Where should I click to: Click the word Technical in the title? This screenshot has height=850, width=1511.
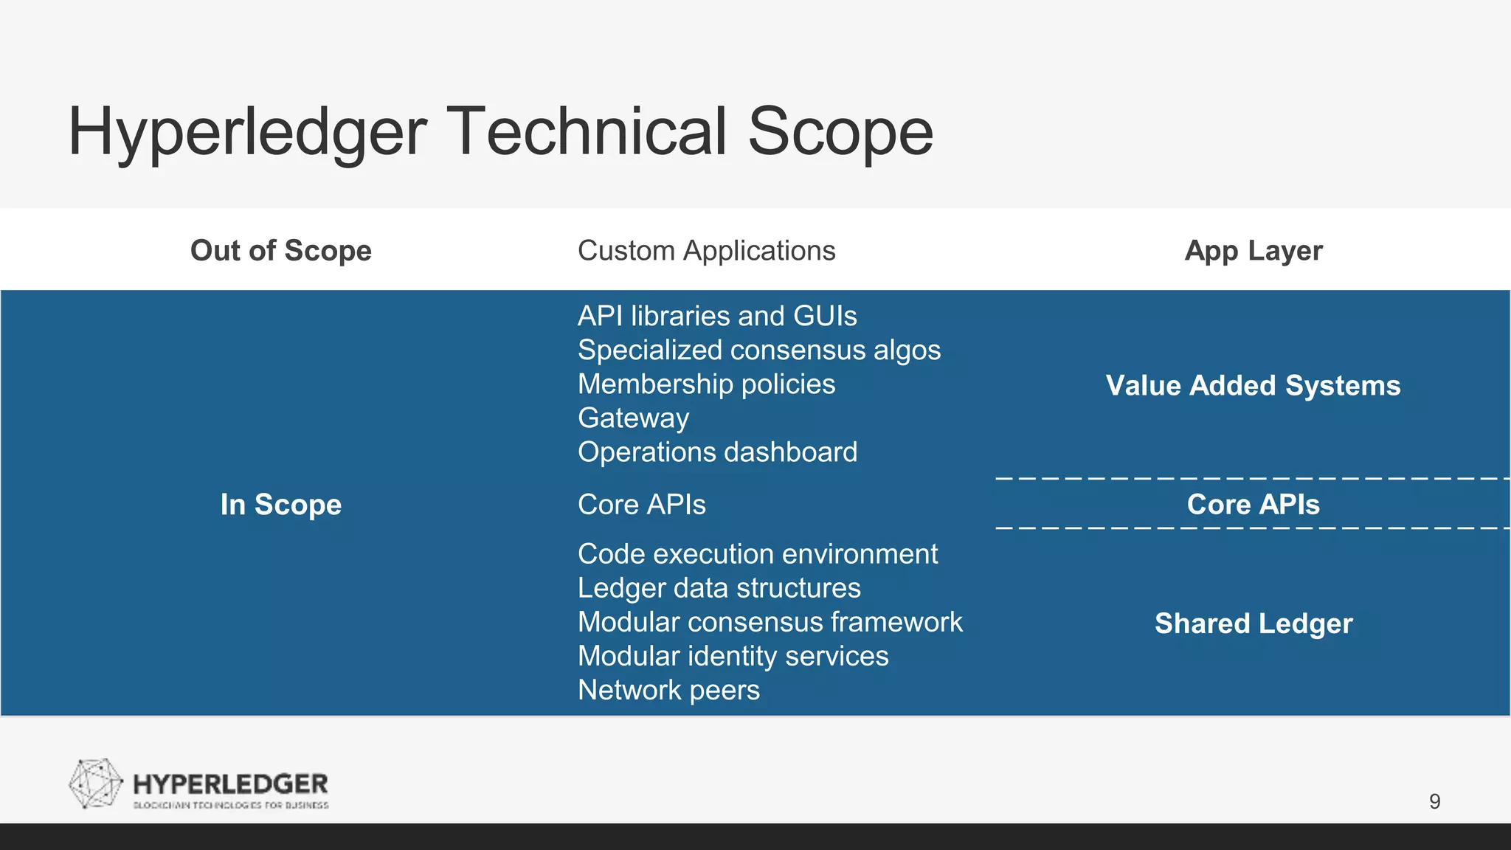point(588,131)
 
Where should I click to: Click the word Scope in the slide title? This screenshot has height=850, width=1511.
point(840,131)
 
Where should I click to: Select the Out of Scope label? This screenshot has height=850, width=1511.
point(280,251)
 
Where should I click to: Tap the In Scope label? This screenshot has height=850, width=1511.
point(280,505)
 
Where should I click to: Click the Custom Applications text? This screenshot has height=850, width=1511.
point(706,251)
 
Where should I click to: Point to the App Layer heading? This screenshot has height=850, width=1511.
point(1253,251)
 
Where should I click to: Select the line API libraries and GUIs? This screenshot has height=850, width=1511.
point(716,316)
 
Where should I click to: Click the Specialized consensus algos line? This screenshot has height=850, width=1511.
point(758,350)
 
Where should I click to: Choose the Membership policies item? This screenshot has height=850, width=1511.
point(706,384)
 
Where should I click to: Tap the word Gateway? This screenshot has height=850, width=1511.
point(633,418)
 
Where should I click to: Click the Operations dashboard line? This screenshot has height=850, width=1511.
point(717,452)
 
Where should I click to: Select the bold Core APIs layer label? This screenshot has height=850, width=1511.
point(1253,505)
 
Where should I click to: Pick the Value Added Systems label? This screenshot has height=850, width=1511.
point(1253,385)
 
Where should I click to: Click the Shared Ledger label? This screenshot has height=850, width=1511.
point(1253,623)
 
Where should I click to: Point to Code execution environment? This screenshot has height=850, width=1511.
point(757,553)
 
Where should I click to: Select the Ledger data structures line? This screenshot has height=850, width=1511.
point(719,588)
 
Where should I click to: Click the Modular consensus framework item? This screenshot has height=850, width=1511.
point(770,622)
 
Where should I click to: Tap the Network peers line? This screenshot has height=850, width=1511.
point(668,690)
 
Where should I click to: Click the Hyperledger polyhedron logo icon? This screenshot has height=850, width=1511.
point(95,784)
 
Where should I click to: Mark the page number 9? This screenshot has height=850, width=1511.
point(1434,801)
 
